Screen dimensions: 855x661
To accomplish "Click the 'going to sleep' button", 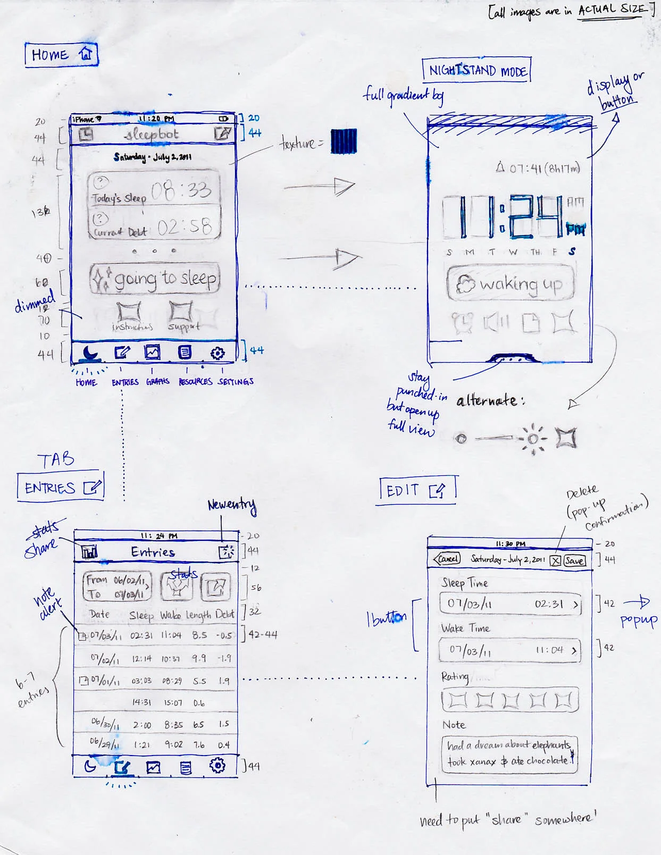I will click(155, 279).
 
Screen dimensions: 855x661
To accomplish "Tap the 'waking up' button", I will click(511, 283).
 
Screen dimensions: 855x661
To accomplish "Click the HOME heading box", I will click(61, 54).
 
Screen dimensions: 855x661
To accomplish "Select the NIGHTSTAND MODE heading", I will click(477, 70).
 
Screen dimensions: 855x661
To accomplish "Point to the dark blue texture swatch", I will click(344, 141).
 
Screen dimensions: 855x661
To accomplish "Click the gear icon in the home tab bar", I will click(217, 353).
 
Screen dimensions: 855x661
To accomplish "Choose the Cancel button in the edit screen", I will click(447, 559).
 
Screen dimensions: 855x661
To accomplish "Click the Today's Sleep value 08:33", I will click(181, 190).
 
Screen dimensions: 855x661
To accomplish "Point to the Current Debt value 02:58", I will click(185, 227).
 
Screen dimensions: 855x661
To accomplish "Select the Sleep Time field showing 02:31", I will click(510, 604).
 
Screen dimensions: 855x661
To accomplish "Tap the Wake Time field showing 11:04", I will click(510, 650).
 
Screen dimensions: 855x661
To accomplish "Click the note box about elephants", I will click(509, 753).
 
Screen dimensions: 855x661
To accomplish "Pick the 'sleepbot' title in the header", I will click(152, 135).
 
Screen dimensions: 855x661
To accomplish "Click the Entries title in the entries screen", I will click(153, 552).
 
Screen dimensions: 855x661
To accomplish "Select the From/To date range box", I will click(117, 586).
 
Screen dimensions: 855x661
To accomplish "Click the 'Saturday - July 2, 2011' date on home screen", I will click(153, 157).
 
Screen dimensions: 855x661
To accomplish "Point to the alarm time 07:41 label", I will click(537, 169).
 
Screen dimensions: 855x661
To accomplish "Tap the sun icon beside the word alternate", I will click(533, 439).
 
